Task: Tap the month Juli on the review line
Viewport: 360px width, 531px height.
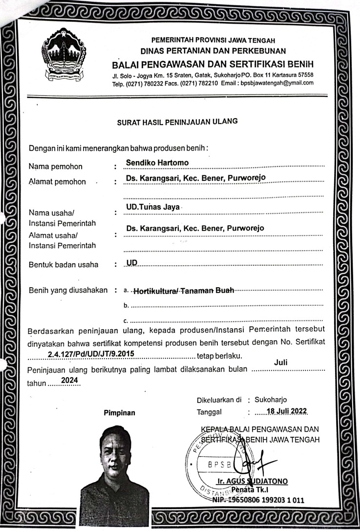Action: [x=281, y=362]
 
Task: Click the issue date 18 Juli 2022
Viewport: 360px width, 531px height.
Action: [x=282, y=411]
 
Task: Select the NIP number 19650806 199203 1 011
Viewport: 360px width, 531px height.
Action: [x=264, y=500]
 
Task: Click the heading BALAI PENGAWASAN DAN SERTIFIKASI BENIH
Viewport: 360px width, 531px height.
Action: [x=212, y=65]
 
